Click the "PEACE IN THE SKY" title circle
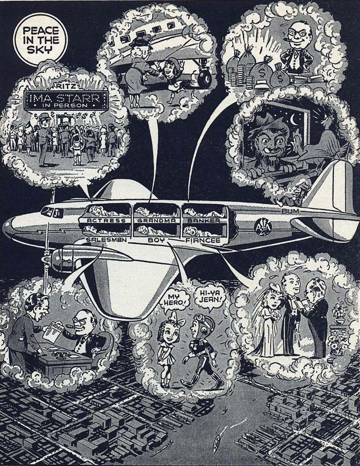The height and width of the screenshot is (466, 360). pyautogui.click(x=41, y=38)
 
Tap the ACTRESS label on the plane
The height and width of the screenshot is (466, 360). pyautogui.click(x=103, y=219)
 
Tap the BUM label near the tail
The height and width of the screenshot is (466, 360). pyautogui.click(x=290, y=212)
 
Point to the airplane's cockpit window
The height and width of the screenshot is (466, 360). pyautogui.click(x=49, y=211)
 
